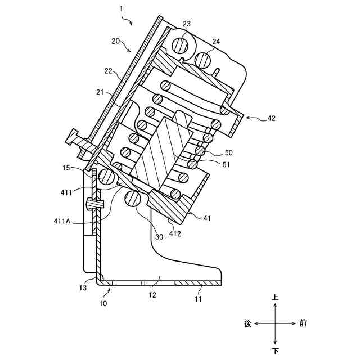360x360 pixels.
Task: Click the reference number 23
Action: (187, 24)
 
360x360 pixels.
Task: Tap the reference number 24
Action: (216, 42)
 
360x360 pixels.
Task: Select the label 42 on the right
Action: (271, 118)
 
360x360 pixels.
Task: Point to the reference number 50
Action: (228, 152)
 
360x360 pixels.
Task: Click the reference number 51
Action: (226, 165)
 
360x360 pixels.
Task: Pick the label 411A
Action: (62, 221)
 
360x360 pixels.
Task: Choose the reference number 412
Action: (175, 234)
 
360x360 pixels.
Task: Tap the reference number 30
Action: (159, 237)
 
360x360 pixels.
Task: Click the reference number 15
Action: (66, 168)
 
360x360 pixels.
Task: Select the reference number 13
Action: (83, 287)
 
